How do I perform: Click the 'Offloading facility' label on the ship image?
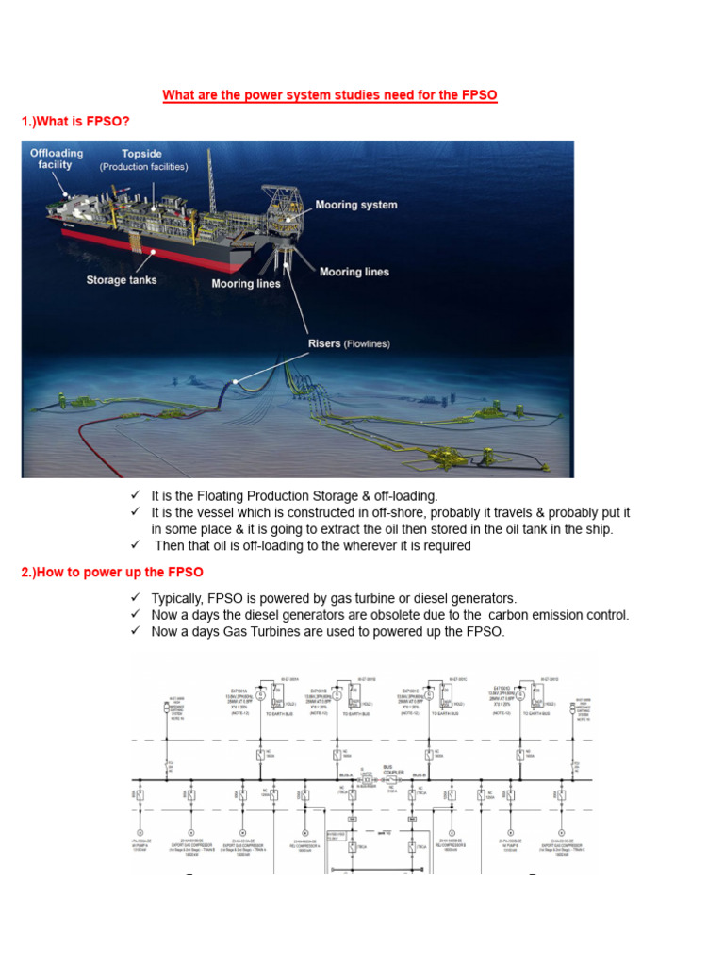[x=57, y=158]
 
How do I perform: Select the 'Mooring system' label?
[x=355, y=205]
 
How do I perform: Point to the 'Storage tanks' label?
[x=122, y=279]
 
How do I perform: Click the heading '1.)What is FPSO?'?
[x=76, y=123]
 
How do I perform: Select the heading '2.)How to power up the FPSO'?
[x=112, y=573]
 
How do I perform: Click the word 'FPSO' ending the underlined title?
[x=479, y=95]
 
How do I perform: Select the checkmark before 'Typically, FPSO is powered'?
[x=136, y=598]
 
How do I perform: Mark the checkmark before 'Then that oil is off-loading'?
[x=136, y=545]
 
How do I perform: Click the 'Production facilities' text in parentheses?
[x=144, y=167]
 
